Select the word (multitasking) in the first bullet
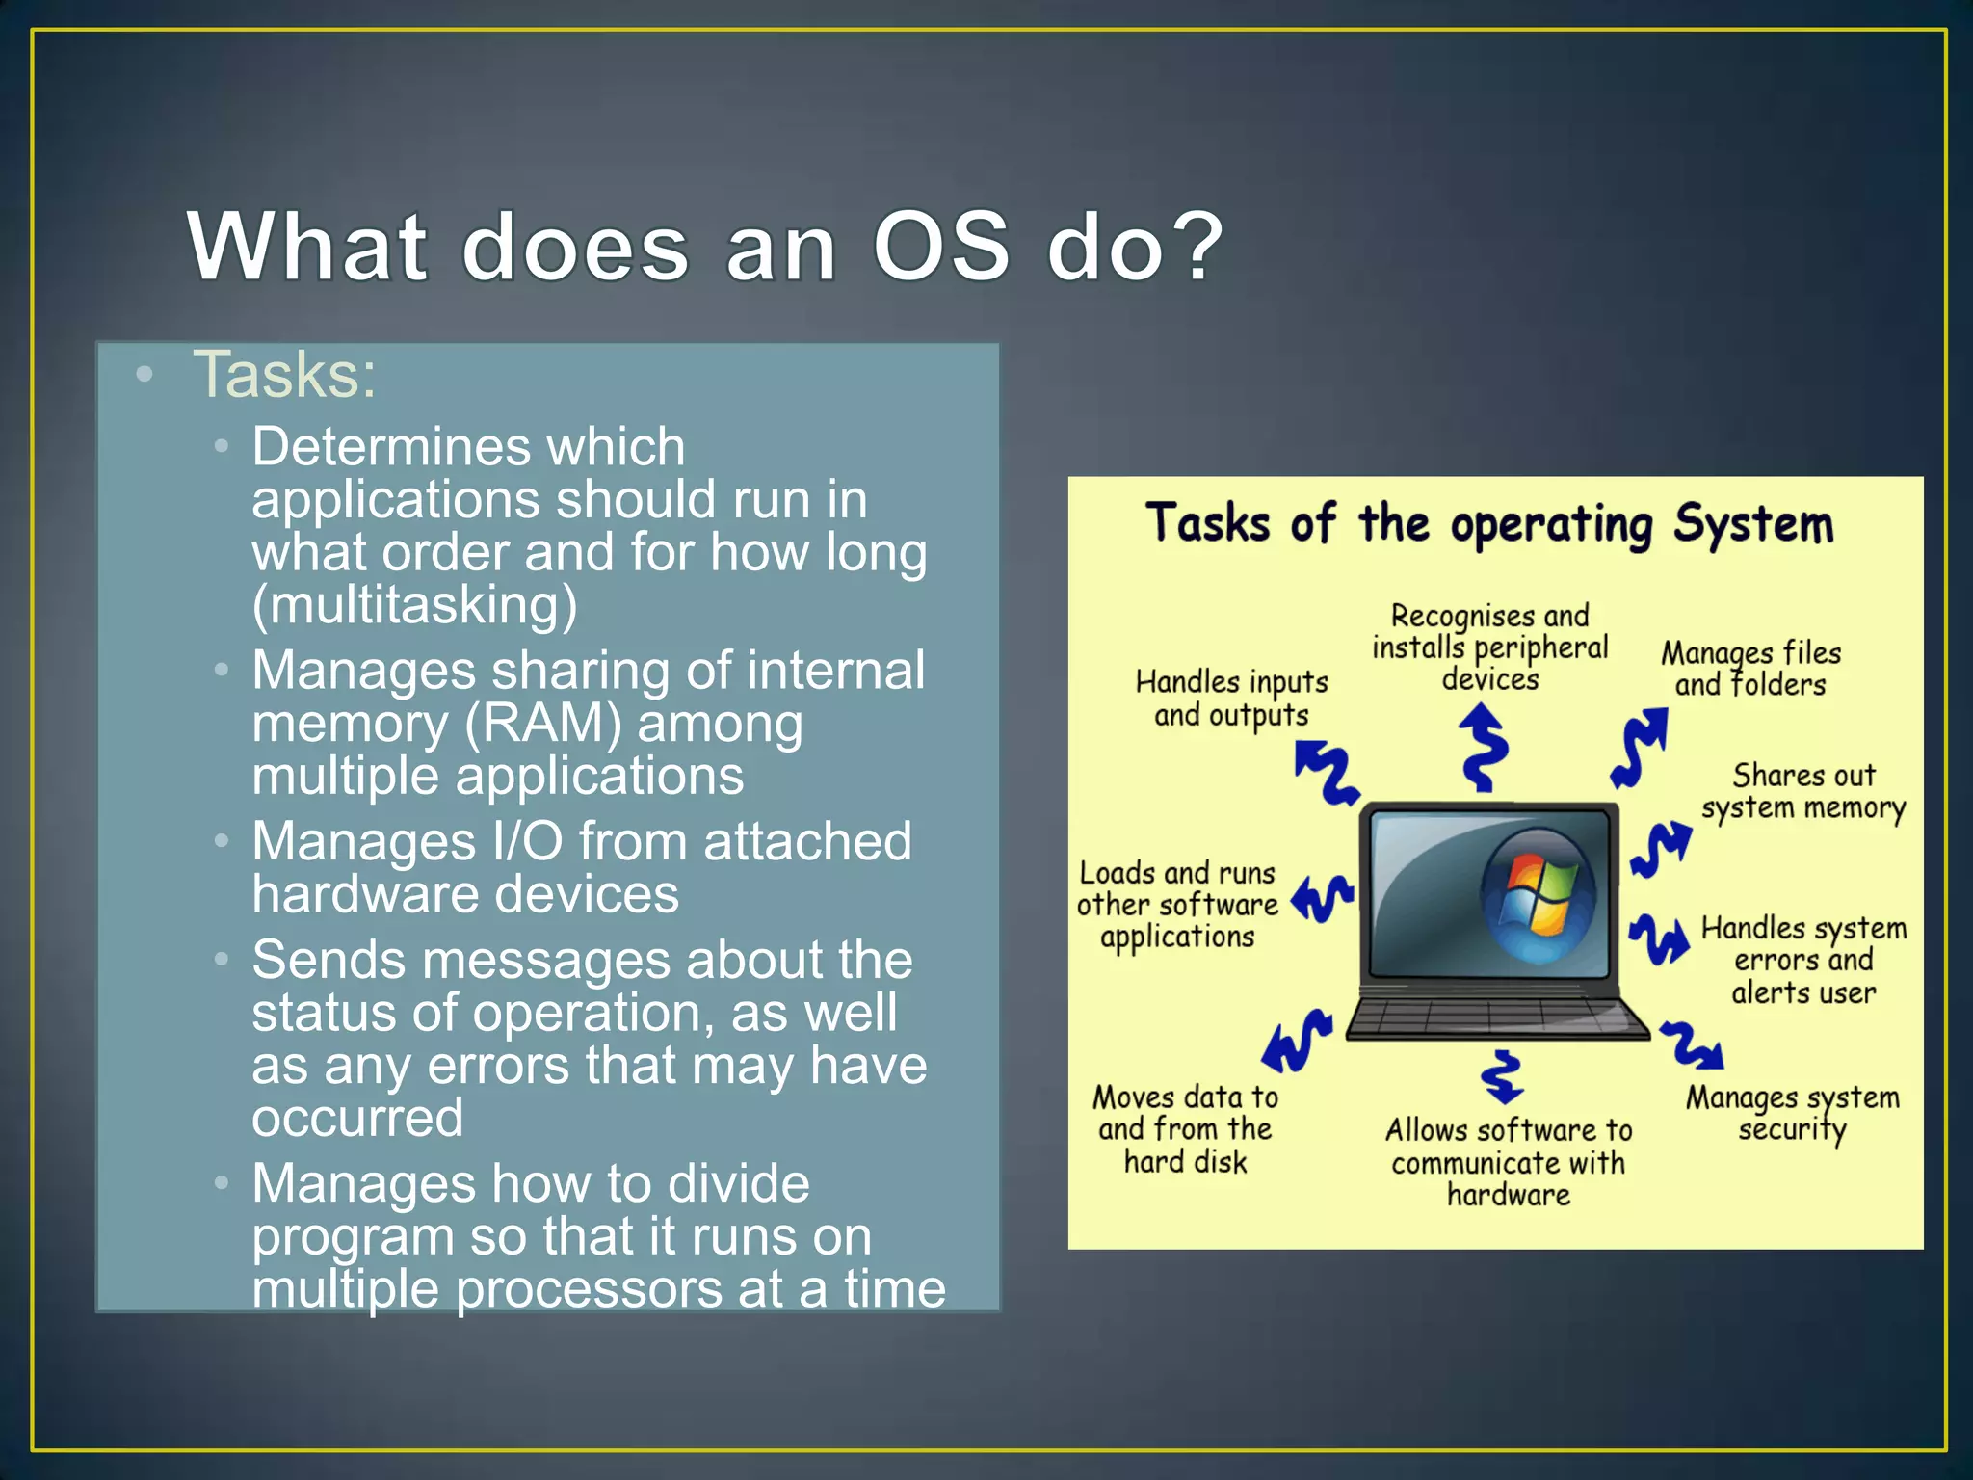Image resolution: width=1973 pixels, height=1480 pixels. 414,605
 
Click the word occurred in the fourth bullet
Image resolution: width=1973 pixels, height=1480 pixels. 357,1118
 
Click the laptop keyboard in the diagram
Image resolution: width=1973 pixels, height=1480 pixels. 1496,1017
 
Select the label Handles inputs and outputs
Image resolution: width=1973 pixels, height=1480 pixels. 1231,698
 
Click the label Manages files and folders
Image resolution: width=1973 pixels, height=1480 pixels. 1750,669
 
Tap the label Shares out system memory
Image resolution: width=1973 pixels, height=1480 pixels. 1802,791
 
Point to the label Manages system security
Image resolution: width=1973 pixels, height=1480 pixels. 1792,1113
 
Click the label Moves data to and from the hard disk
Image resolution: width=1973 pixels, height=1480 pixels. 1185,1128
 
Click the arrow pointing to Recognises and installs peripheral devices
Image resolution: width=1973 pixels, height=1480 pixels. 1485,748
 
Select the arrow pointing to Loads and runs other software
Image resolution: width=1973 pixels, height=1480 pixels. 1323,898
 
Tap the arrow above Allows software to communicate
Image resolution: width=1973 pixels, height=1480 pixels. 1502,1076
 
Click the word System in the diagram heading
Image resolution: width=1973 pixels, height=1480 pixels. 1752,524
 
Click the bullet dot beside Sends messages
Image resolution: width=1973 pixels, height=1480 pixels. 222,960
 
